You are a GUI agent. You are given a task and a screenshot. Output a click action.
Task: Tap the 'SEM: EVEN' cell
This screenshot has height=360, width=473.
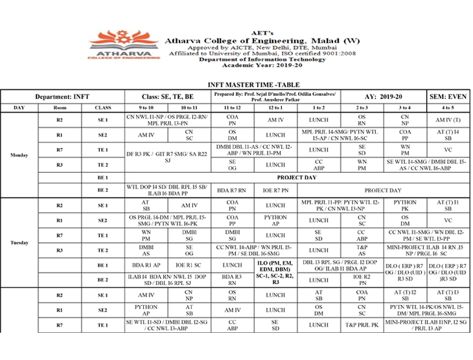click(x=448, y=96)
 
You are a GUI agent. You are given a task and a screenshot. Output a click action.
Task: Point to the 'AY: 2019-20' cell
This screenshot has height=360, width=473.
click(x=384, y=96)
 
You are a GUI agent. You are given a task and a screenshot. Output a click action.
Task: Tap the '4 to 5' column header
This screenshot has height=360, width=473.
click(x=448, y=107)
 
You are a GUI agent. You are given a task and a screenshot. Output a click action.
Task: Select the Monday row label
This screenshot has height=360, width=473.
click(x=19, y=155)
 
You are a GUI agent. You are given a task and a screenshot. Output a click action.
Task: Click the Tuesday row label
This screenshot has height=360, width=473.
click(x=19, y=243)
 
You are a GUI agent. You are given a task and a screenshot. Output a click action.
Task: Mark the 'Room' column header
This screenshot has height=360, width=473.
click(x=60, y=107)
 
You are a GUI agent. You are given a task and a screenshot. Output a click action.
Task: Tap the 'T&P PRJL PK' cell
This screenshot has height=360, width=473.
click(x=362, y=325)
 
